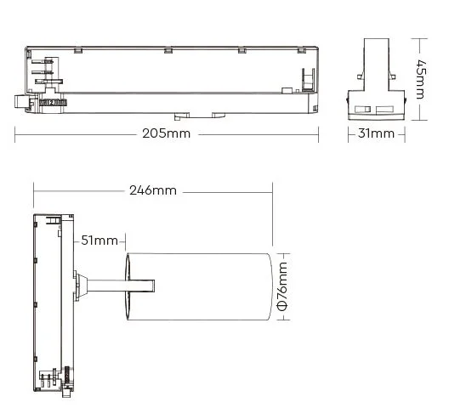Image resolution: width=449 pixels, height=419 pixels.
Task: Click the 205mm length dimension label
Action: click(x=167, y=133)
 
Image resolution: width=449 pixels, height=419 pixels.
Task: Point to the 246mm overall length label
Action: click(x=153, y=190)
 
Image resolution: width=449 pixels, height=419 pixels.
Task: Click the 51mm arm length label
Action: click(x=100, y=241)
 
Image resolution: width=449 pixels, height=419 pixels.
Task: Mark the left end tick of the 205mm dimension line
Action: click(x=15, y=133)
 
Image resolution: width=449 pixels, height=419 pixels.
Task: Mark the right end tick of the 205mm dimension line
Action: click(x=317, y=133)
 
